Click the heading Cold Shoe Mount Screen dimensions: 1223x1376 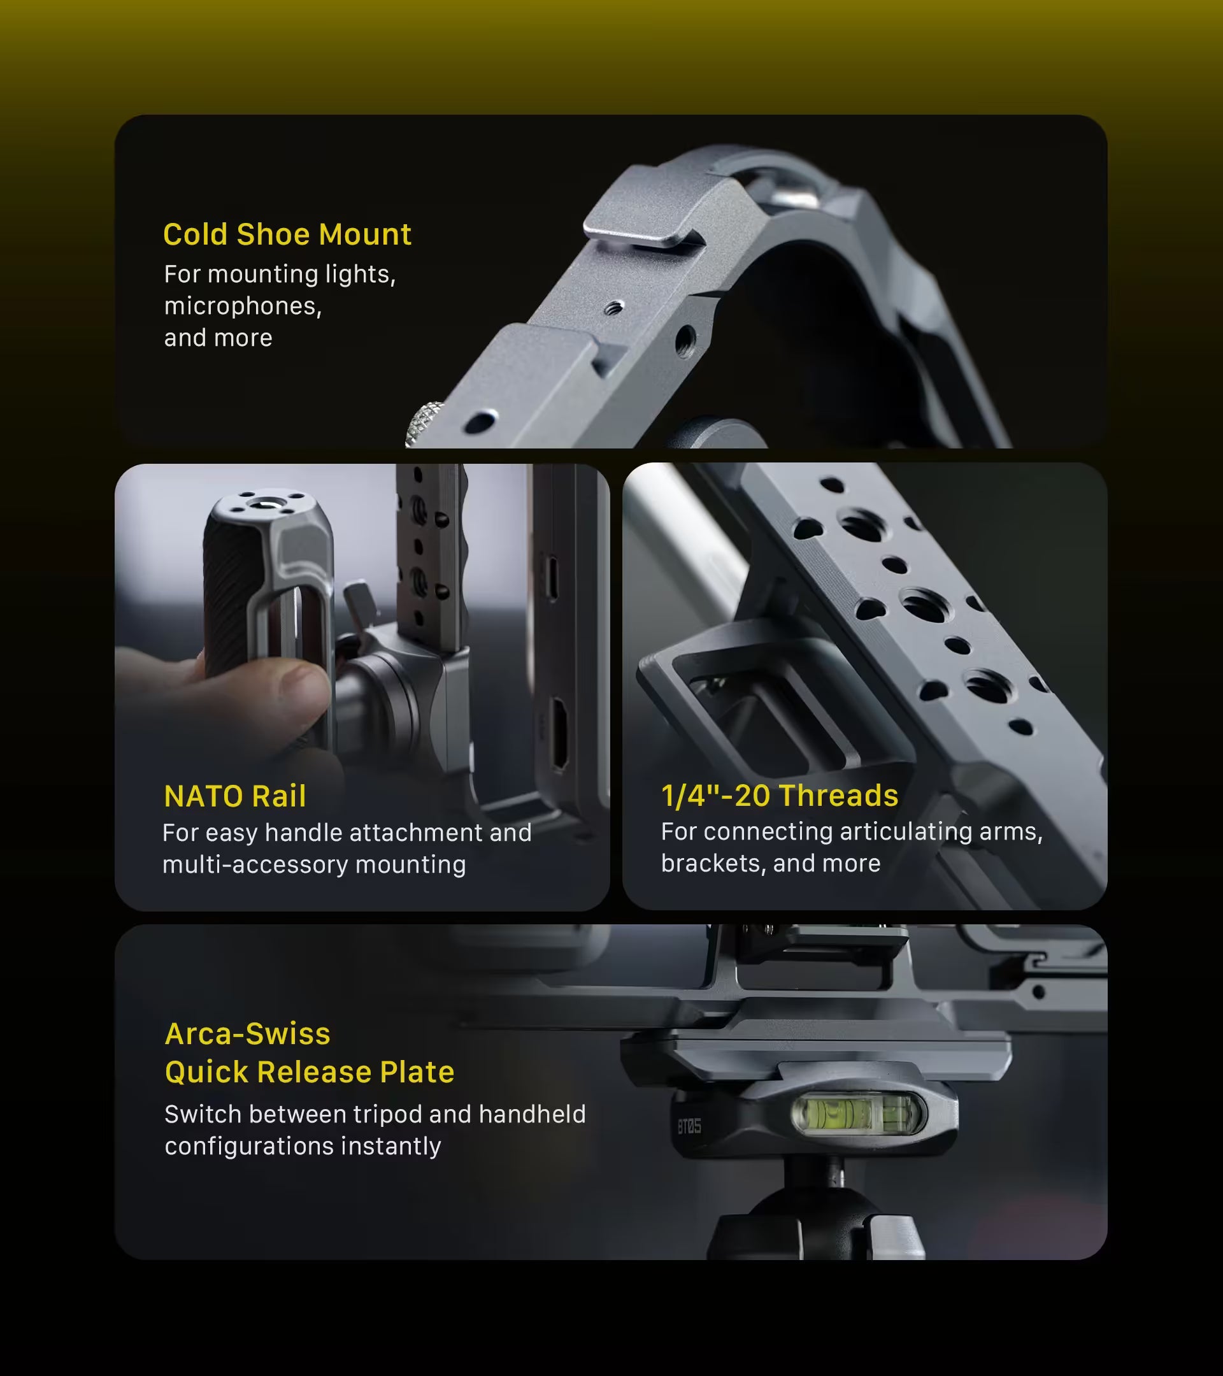[x=287, y=234]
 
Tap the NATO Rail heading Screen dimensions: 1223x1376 [x=235, y=796]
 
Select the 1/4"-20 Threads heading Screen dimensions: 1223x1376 [x=780, y=795]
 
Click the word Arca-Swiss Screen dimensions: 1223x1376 [x=248, y=1033]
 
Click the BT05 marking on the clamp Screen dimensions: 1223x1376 [x=689, y=1126]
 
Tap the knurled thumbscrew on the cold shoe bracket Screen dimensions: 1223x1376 [x=424, y=424]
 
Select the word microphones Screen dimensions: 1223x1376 [x=243, y=306]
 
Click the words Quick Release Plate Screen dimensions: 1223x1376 [x=310, y=1071]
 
